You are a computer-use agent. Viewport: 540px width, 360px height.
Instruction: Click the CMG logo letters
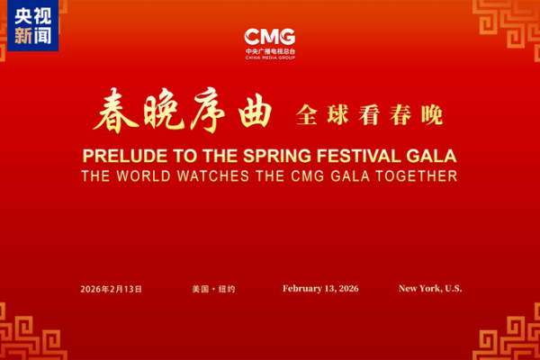[270, 37]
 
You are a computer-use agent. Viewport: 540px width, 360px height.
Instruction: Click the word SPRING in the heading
[263, 154]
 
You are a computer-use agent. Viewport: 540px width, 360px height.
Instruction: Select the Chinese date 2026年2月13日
[111, 289]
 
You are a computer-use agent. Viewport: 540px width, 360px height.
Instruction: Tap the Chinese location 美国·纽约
[210, 289]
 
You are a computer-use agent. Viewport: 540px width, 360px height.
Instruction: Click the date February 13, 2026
[320, 289]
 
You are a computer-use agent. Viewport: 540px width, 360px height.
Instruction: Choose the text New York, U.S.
[430, 289]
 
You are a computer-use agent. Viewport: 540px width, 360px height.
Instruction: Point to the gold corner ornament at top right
[508, 22]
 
